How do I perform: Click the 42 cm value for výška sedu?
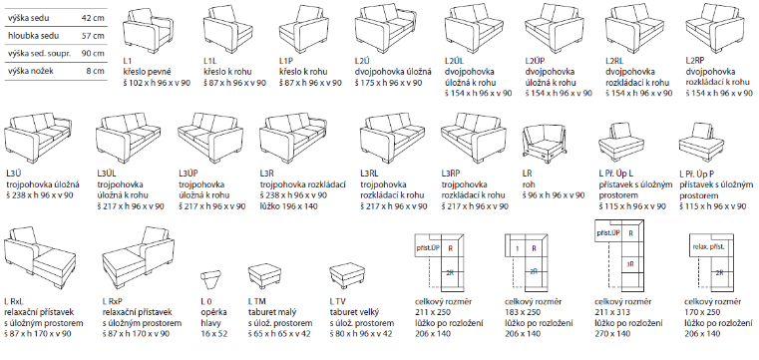[x=93, y=18]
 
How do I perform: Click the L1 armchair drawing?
[x=148, y=31]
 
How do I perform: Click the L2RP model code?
[x=695, y=61]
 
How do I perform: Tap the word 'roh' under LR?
[x=528, y=184]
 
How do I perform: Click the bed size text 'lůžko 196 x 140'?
[x=288, y=206]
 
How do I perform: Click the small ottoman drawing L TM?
[x=264, y=276]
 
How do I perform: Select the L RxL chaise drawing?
[x=40, y=257]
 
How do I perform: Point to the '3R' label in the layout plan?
[x=630, y=264]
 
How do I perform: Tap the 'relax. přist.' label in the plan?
[x=708, y=246]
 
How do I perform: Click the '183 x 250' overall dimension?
[x=523, y=312]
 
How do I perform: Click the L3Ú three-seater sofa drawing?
[x=38, y=138]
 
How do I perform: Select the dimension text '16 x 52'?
[x=214, y=333]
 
